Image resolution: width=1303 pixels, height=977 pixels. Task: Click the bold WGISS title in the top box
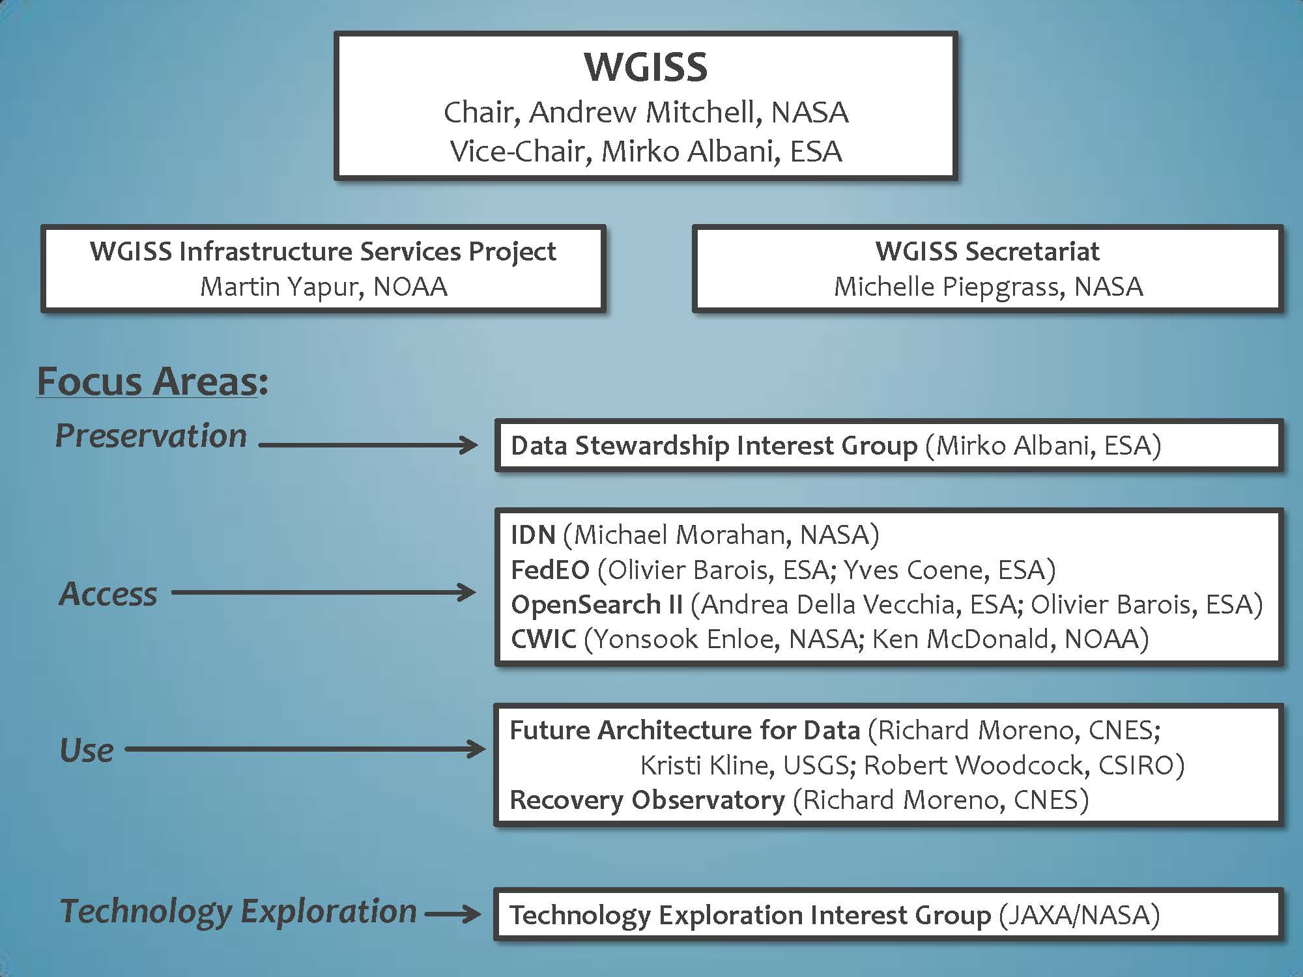pos(646,66)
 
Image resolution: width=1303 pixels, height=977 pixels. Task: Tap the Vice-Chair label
pos(517,151)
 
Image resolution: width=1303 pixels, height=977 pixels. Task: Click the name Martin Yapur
pos(281,287)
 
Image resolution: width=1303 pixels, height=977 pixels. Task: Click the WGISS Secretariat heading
pos(987,251)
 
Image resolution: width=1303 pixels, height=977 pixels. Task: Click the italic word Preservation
pos(151,435)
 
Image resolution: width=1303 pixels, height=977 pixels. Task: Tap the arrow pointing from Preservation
pos(368,446)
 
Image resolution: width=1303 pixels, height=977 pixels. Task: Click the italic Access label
pos(108,593)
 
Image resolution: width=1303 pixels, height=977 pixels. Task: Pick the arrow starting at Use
pos(305,749)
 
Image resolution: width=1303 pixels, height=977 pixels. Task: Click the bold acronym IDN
pos(533,535)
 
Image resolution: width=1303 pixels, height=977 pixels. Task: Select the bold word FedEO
pos(550,570)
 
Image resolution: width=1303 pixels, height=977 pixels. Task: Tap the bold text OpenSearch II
pos(597,605)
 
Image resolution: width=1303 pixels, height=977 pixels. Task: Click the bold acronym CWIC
pos(543,640)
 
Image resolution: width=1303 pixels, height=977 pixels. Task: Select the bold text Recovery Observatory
pos(647,800)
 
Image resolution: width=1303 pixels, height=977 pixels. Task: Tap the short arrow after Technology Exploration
pos(453,914)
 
